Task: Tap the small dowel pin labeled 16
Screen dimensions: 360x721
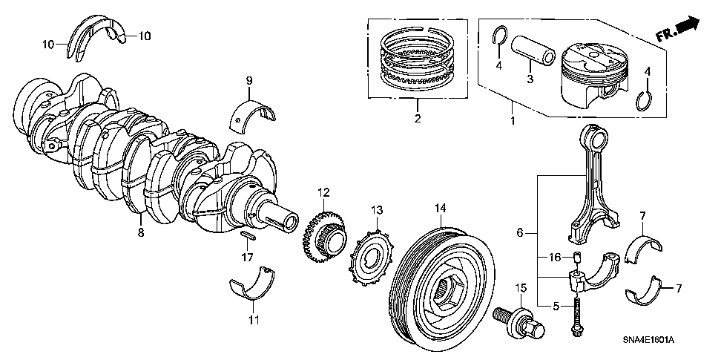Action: point(576,258)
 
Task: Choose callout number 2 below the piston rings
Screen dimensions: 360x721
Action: point(417,119)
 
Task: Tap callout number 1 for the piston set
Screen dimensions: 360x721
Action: point(512,119)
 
